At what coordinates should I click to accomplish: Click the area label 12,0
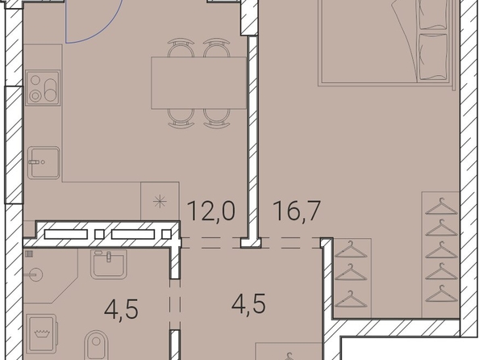point(211,211)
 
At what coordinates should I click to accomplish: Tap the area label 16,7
point(297,211)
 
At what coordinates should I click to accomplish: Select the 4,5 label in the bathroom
point(121,309)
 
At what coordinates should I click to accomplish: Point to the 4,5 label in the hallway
point(248,303)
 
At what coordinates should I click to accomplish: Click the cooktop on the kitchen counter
point(43,88)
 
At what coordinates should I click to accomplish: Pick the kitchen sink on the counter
point(44,162)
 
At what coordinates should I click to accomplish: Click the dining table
point(199,82)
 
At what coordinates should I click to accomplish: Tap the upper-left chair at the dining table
point(181,48)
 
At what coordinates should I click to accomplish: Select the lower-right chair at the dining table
point(217,119)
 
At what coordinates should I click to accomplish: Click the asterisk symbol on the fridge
point(160,202)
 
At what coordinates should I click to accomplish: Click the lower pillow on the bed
point(434,57)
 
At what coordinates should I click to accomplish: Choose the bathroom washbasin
point(108,264)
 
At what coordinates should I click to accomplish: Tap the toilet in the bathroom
point(96,345)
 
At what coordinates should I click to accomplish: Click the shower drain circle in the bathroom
point(35,274)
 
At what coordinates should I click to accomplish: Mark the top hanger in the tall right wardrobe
point(441,206)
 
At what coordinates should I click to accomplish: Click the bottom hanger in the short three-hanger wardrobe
point(351,299)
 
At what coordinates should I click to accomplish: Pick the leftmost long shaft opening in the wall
point(65,234)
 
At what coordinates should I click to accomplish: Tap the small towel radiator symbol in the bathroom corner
point(29,253)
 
